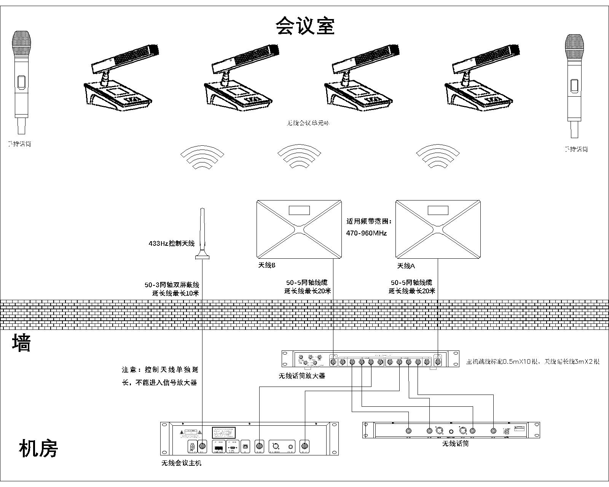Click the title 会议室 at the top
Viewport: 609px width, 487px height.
(x=305, y=26)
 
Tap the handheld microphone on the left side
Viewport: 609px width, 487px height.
(x=21, y=82)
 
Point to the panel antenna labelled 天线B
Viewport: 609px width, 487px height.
(x=299, y=229)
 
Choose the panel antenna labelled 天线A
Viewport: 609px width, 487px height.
(x=438, y=229)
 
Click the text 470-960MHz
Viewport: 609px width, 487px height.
(x=366, y=233)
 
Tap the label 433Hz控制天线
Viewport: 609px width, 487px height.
(x=171, y=243)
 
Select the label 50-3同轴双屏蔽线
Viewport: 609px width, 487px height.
(x=172, y=285)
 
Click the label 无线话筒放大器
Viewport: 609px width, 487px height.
(x=302, y=376)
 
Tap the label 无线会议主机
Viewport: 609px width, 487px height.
(x=181, y=463)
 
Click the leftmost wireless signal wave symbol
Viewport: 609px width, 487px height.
(x=202, y=157)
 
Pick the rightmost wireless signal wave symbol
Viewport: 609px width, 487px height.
(x=438, y=157)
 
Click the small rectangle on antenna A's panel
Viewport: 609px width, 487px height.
(x=438, y=210)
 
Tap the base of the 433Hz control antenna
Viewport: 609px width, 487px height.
(x=202, y=257)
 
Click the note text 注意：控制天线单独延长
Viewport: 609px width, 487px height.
(x=160, y=370)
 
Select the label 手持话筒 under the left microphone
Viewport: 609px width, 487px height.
(x=20, y=144)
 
